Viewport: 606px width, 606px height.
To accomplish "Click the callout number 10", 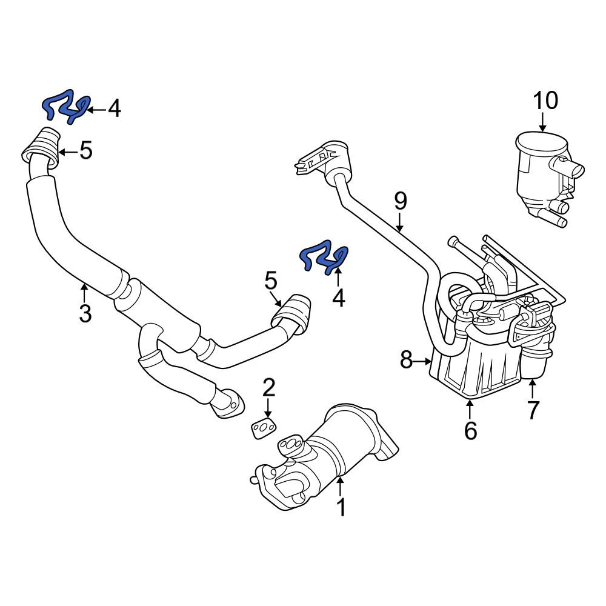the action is click(546, 101).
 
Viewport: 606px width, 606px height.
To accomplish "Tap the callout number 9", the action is click(401, 201).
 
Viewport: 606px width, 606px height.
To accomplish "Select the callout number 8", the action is click(406, 360).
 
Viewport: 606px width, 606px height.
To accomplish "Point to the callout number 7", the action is click(533, 410).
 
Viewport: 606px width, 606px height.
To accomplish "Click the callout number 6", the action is click(470, 430).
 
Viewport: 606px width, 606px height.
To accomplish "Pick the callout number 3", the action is click(85, 313).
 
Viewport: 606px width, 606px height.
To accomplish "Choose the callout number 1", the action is click(341, 507).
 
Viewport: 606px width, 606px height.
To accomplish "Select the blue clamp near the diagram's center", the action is click(325, 257).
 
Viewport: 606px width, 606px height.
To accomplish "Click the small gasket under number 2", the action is click(263, 428).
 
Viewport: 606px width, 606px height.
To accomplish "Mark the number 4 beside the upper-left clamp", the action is click(115, 108).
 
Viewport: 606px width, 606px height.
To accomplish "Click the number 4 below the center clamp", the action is click(339, 298).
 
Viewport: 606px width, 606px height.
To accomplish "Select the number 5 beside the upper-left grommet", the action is click(86, 150).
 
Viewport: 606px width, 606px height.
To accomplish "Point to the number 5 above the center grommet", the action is click(271, 281).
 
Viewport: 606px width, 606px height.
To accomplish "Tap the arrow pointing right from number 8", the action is click(423, 361).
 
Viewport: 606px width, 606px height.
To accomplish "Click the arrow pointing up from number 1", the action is click(340, 487).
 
